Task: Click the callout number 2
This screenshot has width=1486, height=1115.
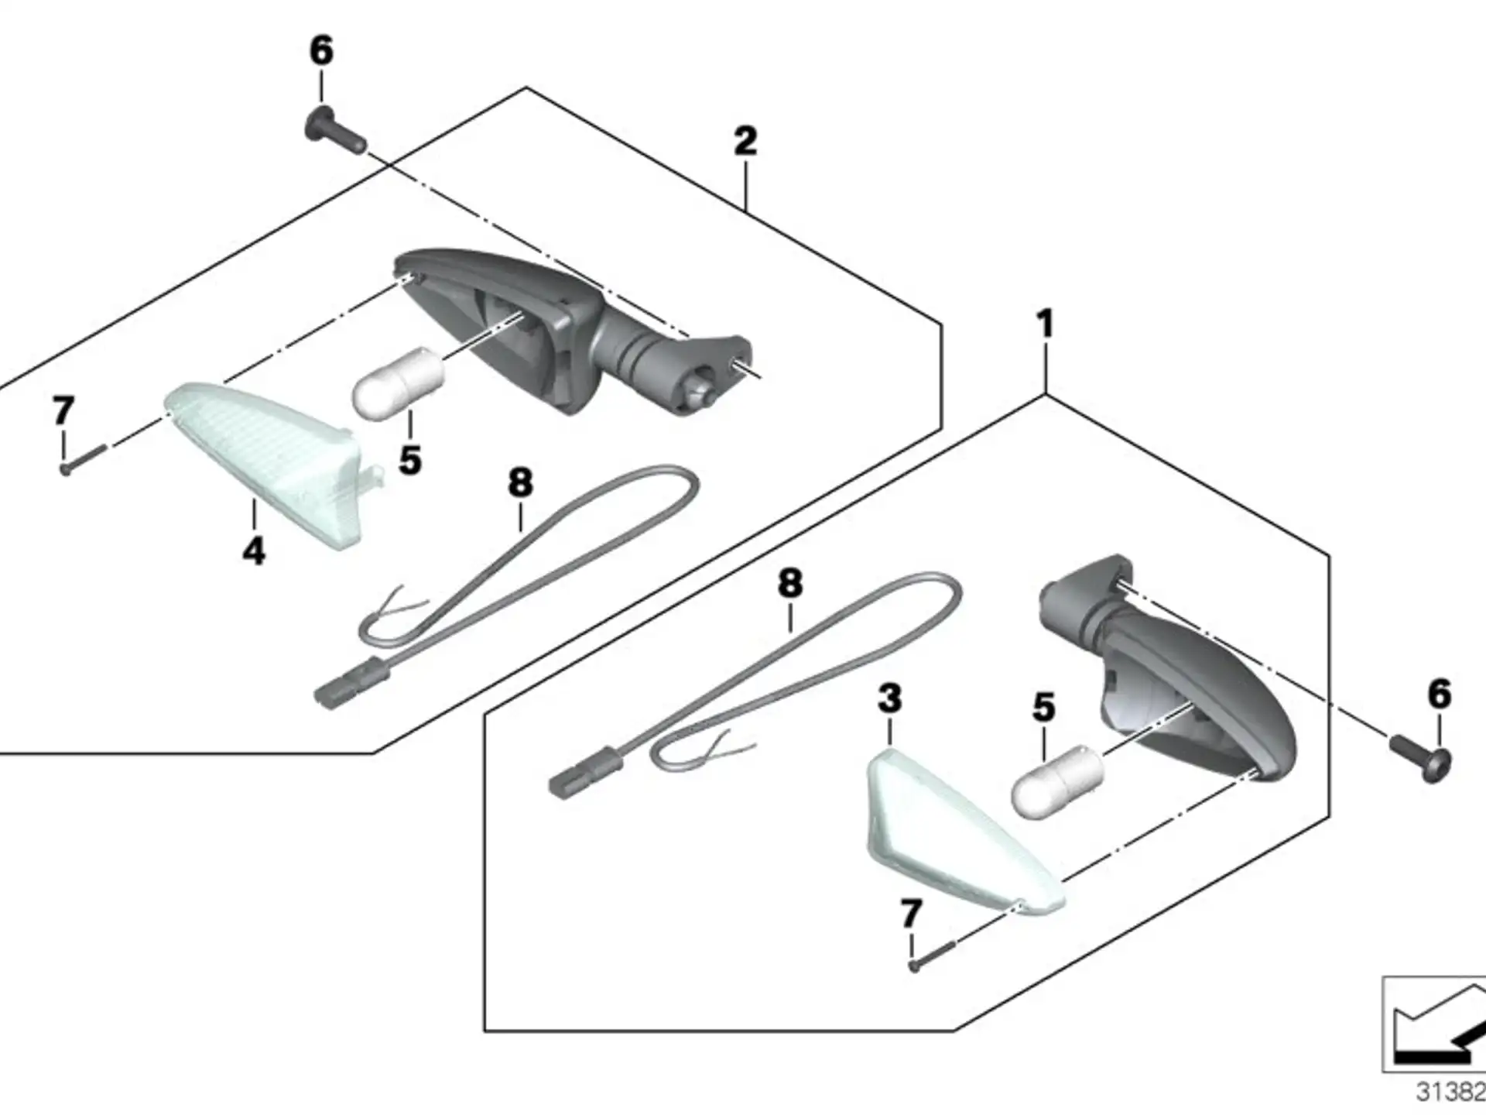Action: (745, 141)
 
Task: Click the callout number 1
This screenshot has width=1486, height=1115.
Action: (1046, 324)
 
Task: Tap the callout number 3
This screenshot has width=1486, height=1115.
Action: (889, 698)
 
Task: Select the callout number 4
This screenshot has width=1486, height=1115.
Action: (254, 551)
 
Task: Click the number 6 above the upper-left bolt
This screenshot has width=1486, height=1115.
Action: (321, 51)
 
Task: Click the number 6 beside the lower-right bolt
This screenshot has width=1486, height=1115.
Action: (1439, 694)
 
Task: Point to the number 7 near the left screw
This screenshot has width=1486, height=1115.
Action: (63, 410)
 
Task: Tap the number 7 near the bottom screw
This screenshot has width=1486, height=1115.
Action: (911, 914)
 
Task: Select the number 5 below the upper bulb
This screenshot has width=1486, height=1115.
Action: (410, 460)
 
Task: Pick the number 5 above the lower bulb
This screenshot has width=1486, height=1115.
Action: (1043, 708)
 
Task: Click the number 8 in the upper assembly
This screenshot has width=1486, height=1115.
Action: (520, 483)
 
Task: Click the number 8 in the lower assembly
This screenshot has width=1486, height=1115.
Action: (790, 583)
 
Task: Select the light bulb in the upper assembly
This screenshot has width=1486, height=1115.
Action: (399, 383)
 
